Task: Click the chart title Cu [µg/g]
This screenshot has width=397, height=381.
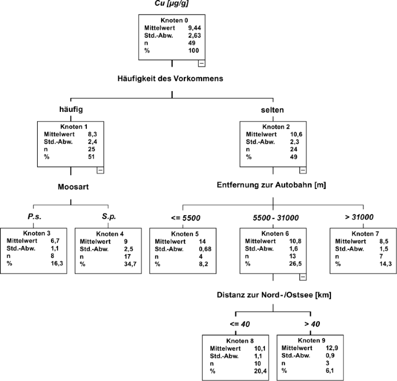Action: click(172, 5)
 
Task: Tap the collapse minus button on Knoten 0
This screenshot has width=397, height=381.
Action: click(201, 63)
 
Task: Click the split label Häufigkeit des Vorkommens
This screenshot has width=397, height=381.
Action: click(172, 78)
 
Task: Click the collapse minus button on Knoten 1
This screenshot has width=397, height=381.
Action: click(100, 170)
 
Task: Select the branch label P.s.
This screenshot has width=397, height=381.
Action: click(34, 217)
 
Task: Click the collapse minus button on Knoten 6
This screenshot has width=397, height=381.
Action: click(303, 277)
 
